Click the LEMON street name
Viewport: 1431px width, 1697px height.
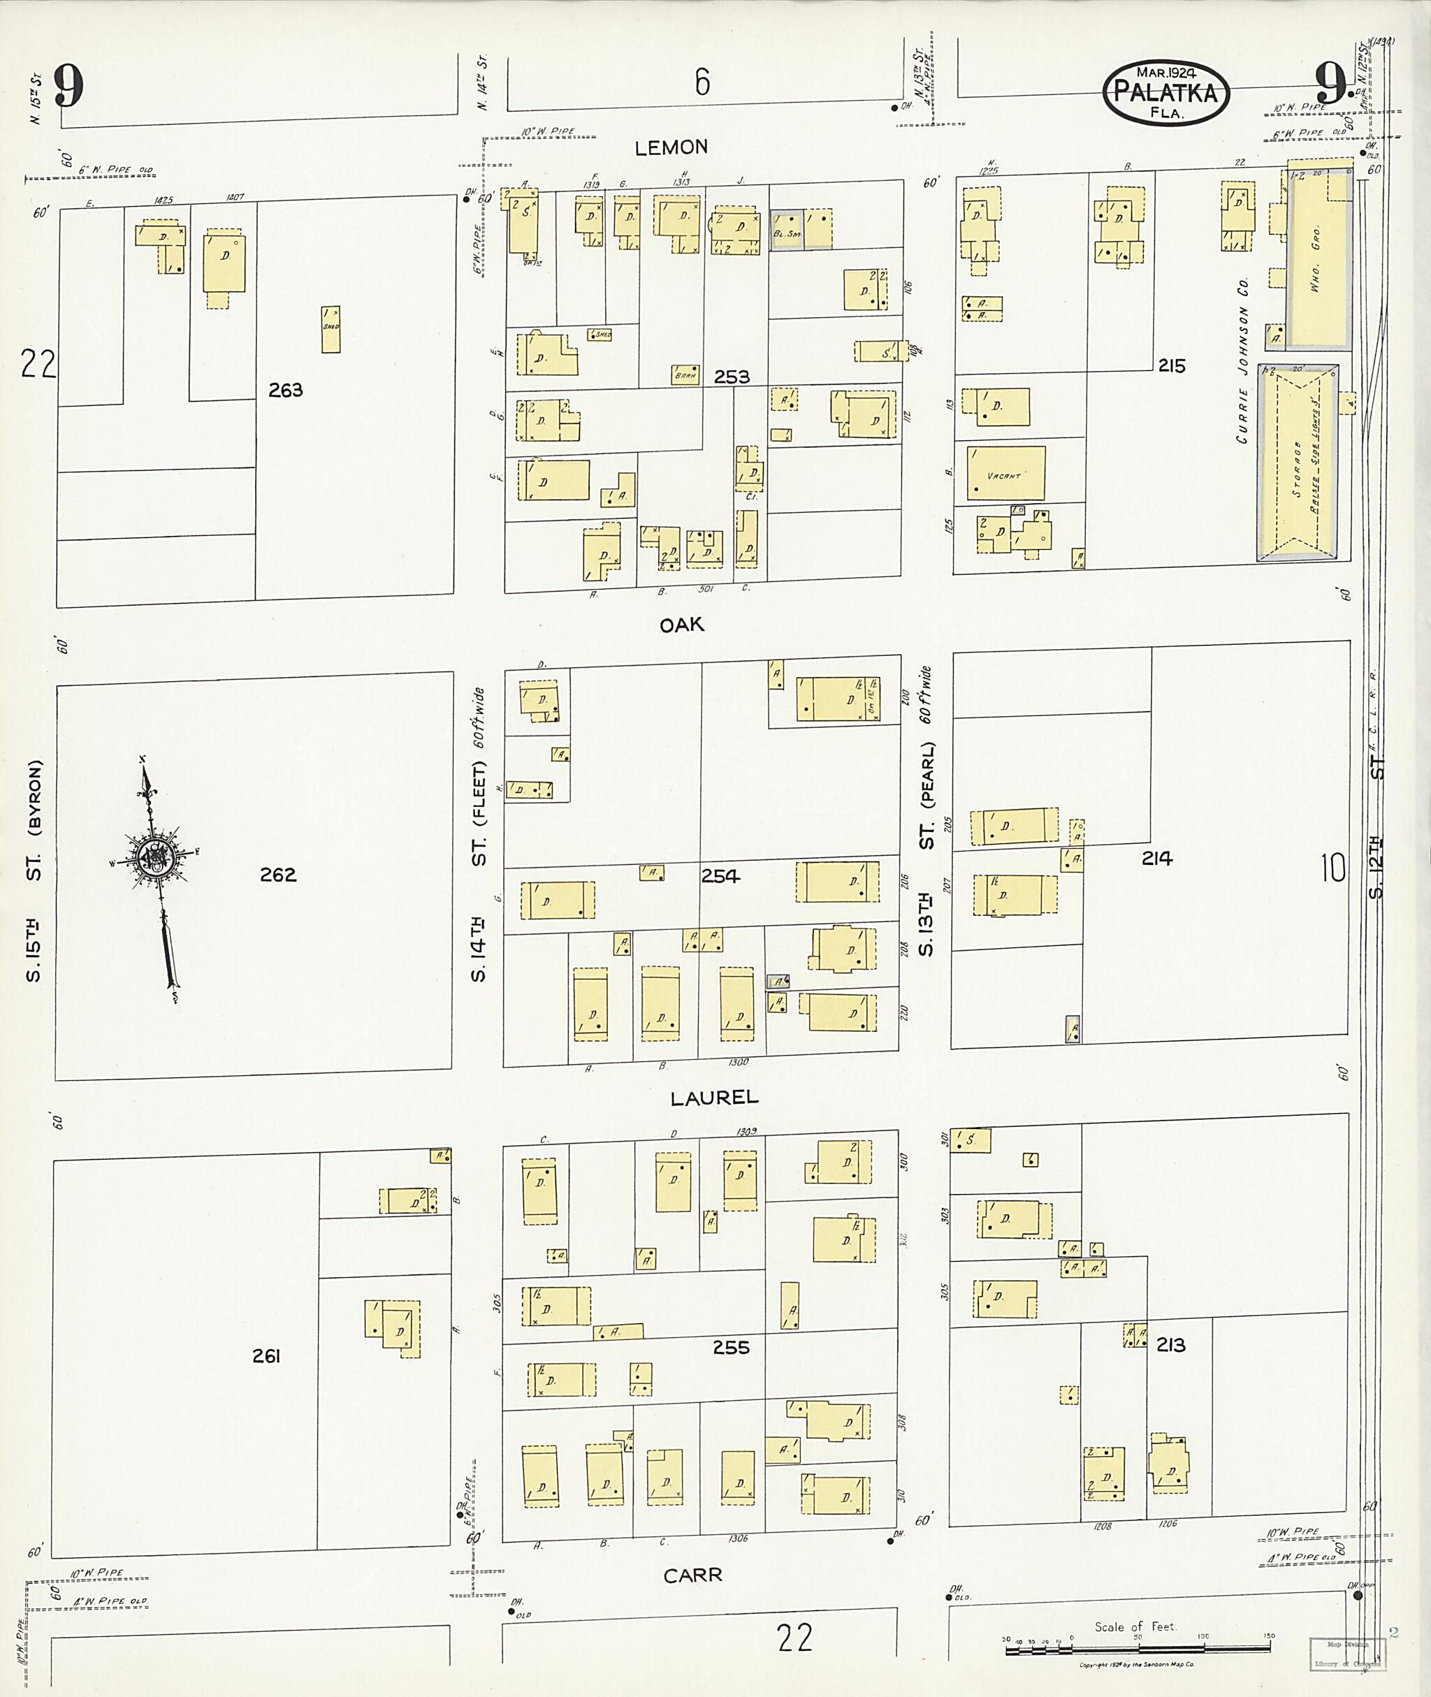pyautogui.click(x=671, y=147)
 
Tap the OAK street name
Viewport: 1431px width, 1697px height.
pyautogui.click(x=681, y=625)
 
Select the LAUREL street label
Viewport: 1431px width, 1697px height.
pyautogui.click(x=714, y=1098)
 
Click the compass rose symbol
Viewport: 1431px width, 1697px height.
pyautogui.click(x=154, y=857)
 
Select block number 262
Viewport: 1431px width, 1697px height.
pyautogui.click(x=278, y=875)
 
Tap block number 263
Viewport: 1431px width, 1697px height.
pyautogui.click(x=286, y=390)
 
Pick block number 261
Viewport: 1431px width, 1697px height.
pyautogui.click(x=266, y=1355)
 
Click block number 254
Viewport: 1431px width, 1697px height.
pyautogui.click(x=720, y=876)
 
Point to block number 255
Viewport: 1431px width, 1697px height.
pyautogui.click(x=731, y=1348)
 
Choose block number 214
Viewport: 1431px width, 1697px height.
pyautogui.click(x=1157, y=858)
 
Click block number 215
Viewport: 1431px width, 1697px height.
pyautogui.click(x=1171, y=366)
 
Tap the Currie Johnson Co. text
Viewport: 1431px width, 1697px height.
pyautogui.click(x=1243, y=360)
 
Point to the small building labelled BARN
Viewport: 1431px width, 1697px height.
pyautogui.click(x=685, y=374)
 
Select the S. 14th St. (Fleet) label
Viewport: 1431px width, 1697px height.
pyautogui.click(x=479, y=836)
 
